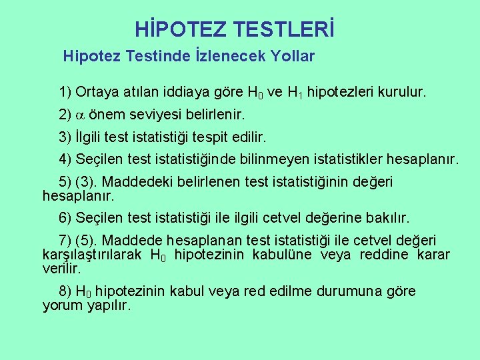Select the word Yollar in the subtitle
point(292,57)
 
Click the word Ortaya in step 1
point(98,91)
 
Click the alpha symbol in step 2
point(80,115)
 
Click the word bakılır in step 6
point(388,218)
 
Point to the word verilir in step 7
point(61,269)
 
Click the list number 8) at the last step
point(65,291)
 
